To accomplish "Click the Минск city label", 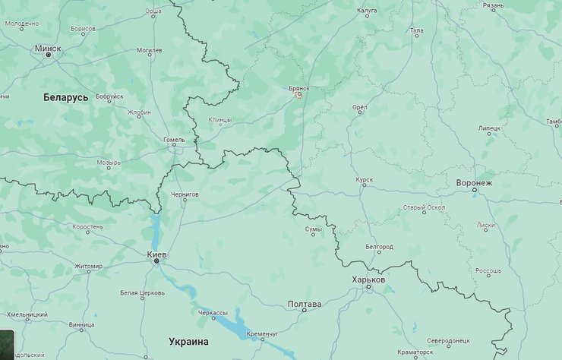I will (x=48, y=47).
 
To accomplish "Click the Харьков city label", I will (x=369, y=279).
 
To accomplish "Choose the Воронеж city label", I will (x=475, y=183).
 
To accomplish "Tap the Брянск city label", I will (x=299, y=88).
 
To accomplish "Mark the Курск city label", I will (x=364, y=180).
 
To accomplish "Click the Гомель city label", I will (x=174, y=140).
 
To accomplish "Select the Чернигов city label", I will (x=185, y=194).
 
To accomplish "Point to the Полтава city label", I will (x=304, y=304).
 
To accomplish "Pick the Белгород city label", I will (x=379, y=247).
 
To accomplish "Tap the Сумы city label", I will (x=313, y=227).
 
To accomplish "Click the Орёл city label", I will (x=360, y=108).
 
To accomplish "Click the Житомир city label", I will (x=88, y=266).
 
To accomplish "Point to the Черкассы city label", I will (x=212, y=313).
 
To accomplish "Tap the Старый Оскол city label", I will (x=424, y=207).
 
